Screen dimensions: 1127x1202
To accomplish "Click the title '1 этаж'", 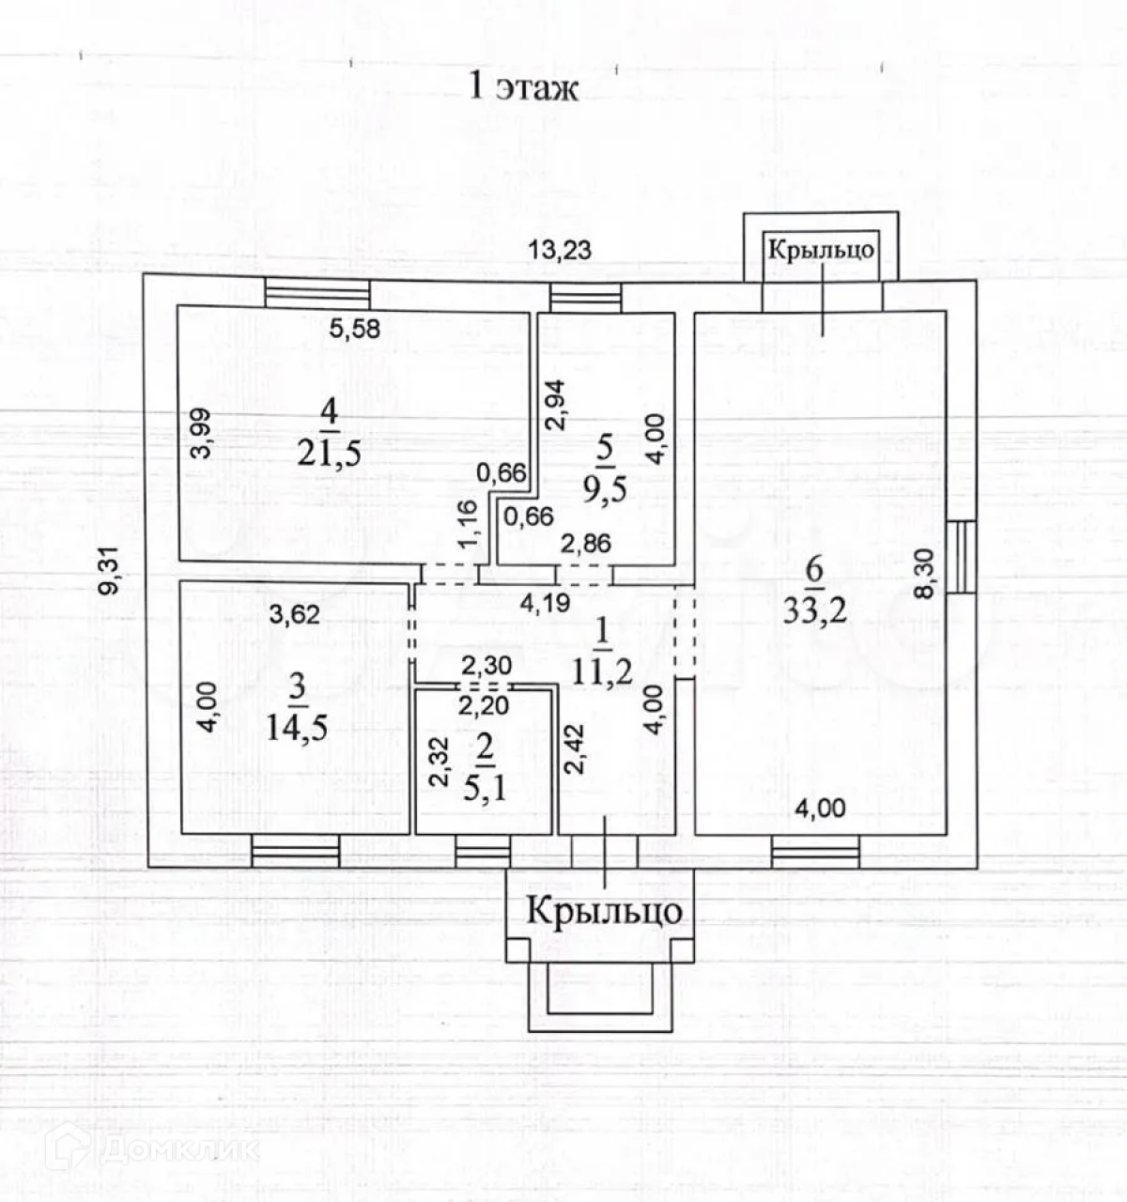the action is tap(523, 87).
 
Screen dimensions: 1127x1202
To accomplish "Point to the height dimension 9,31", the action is tap(112, 572).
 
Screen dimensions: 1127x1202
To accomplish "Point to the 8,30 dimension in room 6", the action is tap(926, 573).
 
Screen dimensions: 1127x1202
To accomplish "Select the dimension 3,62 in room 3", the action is tap(295, 615).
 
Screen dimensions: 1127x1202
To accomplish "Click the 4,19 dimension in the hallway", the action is tap(546, 602).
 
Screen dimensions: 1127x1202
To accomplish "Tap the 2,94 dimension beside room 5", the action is tap(556, 405).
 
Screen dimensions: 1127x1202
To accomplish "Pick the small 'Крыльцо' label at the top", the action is tap(821, 250).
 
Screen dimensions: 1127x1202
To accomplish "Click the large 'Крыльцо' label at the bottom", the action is tap(604, 911).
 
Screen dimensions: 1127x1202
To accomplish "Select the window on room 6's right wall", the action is tap(961, 557).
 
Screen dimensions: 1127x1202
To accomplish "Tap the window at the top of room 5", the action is tap(586, 299).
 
